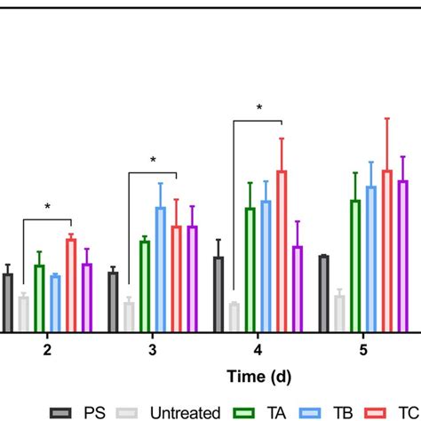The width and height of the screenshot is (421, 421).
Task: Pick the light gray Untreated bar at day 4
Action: (x=234, y=317)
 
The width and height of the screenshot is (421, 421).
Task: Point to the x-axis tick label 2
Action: (x=47, y=350)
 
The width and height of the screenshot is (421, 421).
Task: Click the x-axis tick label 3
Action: (x=153, y=350)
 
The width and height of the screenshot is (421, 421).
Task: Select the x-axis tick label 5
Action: (x=363, y=350)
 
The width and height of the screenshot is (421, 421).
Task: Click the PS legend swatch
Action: (x=61, y=411)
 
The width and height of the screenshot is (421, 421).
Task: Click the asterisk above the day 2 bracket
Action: (x=48, y=208)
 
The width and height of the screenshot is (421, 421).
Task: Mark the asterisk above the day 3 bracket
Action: (x=153, y=161)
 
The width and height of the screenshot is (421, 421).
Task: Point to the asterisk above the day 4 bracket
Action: (x=258, y=108)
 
